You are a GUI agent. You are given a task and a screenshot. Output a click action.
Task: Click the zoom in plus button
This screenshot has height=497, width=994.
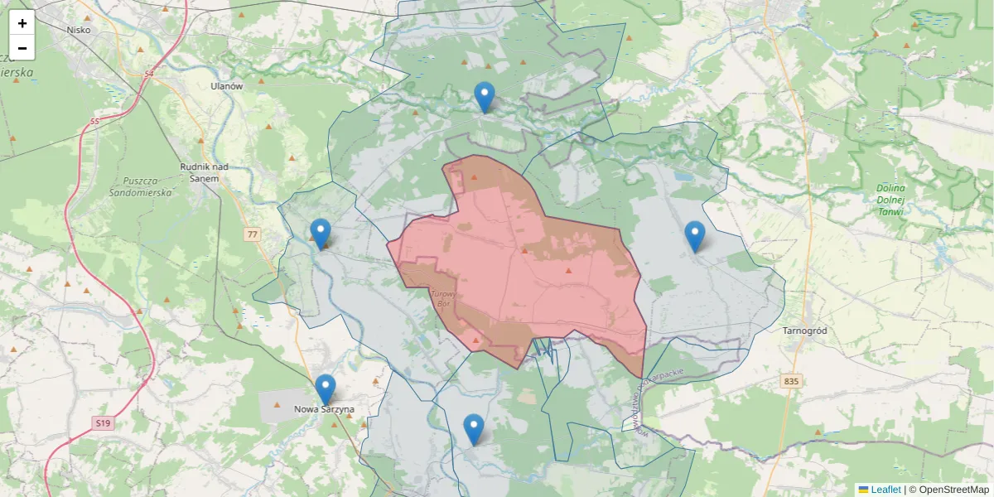pos(22,23)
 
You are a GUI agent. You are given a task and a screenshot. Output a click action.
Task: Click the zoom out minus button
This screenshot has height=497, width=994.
pos(22,48)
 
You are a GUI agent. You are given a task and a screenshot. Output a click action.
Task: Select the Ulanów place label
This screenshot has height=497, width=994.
pos(226,86)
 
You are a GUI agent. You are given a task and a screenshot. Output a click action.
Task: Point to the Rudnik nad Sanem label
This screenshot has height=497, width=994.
pos(204,171)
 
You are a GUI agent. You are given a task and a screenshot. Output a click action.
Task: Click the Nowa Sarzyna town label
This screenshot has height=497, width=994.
pos(325,409)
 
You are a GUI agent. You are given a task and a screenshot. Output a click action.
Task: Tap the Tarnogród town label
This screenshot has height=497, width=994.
pos(804,331)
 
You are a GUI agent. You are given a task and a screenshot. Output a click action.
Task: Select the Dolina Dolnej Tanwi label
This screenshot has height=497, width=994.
pos(890,200)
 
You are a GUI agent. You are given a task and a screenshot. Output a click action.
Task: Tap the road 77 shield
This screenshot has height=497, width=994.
pos(252,235)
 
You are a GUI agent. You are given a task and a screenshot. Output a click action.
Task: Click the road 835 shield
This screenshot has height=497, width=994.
pos(790,382)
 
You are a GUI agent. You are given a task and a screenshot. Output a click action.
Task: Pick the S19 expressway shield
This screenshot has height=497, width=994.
pos(102,423)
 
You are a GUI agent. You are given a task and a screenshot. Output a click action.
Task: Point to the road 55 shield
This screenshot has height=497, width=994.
pos(94,123)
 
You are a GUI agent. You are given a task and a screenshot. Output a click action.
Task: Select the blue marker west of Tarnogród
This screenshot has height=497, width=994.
pos(695,236)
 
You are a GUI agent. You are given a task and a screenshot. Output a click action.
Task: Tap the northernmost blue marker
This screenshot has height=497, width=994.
pos(485,97)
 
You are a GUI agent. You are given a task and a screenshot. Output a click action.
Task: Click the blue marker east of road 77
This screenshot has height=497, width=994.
pos(321,233)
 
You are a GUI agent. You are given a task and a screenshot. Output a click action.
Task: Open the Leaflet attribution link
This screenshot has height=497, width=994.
pos(885,490)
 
